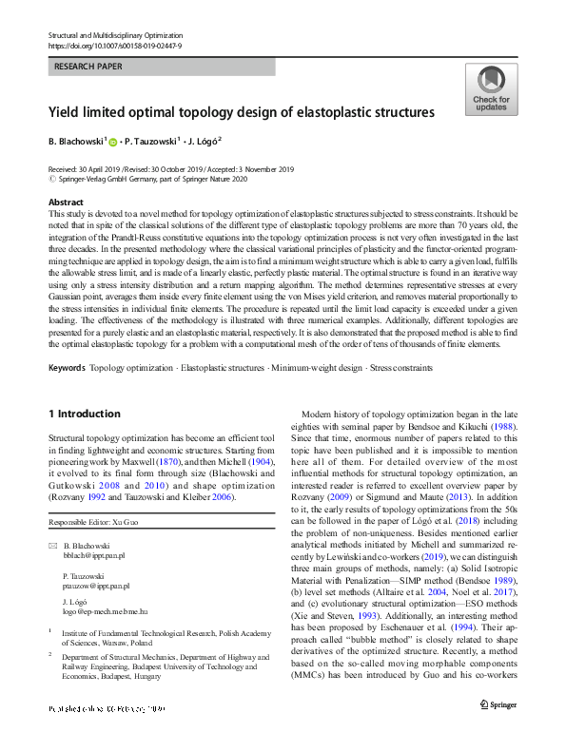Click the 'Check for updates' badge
491,90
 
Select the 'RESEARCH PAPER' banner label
88,67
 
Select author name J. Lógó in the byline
205,142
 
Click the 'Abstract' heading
66,203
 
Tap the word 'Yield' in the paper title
67,112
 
